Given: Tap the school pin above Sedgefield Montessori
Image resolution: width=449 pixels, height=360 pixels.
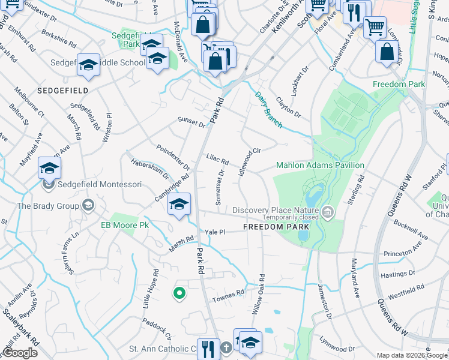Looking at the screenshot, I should [x=49, y=168].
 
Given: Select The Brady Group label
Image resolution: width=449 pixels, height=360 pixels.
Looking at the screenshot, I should [x=48, y=206].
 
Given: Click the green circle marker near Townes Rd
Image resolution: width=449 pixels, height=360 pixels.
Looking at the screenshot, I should [x=178, y=293].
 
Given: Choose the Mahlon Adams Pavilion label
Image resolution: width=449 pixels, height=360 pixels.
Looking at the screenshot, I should [x=320, y=165].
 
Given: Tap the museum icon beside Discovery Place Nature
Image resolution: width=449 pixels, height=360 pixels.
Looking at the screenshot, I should [x=328, y=211].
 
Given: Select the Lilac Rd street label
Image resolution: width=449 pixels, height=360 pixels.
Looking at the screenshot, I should [x=217, y=161].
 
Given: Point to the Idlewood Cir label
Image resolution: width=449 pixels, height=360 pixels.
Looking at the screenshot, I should [x=249, y=160].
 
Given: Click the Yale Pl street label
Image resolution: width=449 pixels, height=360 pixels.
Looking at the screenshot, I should [x=214, y=232].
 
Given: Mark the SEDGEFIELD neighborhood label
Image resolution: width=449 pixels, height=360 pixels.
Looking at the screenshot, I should [x=63, y=90].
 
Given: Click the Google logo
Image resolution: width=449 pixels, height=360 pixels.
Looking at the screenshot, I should [x=20, y=352].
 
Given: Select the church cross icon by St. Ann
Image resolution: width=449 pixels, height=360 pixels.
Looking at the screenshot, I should [x=226, y=348].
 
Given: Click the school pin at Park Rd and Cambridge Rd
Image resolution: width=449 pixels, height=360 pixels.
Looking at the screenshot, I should [x=178, y=204].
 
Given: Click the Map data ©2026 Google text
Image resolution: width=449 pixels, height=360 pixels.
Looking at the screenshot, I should [x=412, y=355].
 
